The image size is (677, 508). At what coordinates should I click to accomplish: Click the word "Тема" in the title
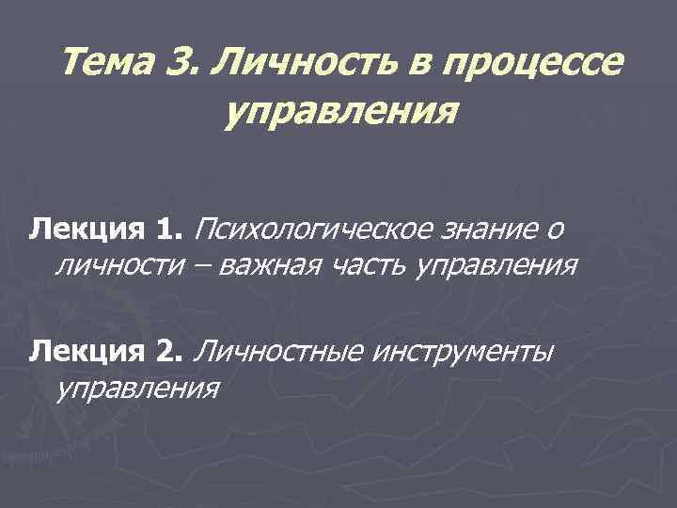(100, 64)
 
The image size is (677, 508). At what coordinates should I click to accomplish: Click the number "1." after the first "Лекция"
(169, 229)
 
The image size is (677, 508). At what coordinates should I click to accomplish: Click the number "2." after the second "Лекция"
(169, 352)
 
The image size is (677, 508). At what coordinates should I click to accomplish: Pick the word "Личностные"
(278, 352)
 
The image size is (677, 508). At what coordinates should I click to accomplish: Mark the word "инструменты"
(464, 352)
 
